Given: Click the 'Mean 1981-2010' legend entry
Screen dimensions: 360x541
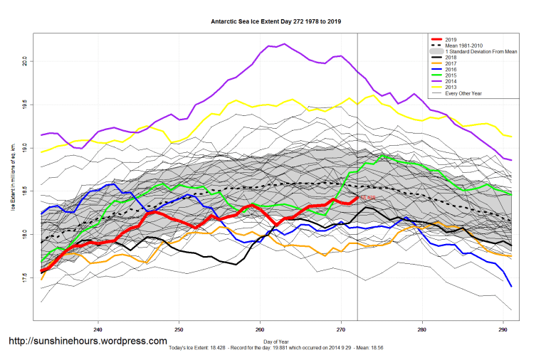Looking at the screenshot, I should click(x=463, y=46).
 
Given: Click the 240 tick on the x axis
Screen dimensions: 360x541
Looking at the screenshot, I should click(x=98, y=329).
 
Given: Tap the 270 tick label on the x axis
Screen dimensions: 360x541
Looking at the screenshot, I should click(x=341, y=329).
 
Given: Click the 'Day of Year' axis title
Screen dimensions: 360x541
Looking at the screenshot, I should click(x=275, y=342).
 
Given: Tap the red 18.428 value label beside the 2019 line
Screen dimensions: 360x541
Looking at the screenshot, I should click(x=367, y=198).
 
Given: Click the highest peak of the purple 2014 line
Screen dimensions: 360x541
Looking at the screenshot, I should click(x=284, y=44).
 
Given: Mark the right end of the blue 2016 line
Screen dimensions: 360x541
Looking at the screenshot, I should click(x=512, y=286).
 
